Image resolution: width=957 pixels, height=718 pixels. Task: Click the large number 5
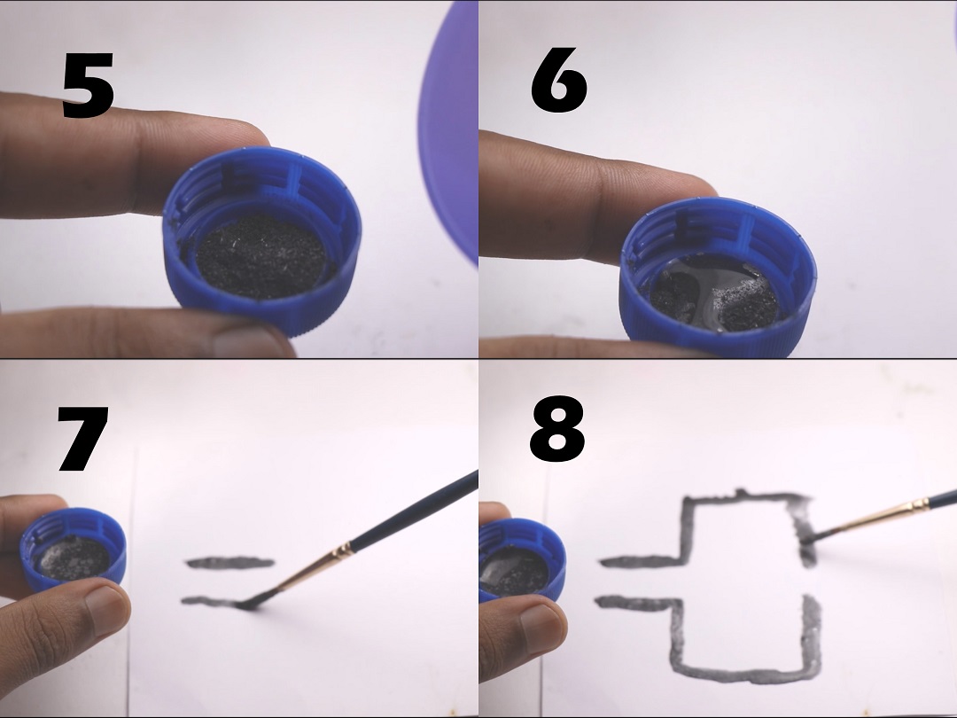click(89, 85)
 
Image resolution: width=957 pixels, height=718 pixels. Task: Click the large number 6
click(558, 80)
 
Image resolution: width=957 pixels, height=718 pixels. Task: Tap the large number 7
click(83, 439)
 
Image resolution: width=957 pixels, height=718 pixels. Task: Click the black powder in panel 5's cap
click(261, 255)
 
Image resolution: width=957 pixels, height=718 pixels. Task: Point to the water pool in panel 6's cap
click(708, 287)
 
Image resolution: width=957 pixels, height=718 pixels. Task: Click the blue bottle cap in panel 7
click(74, 550)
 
